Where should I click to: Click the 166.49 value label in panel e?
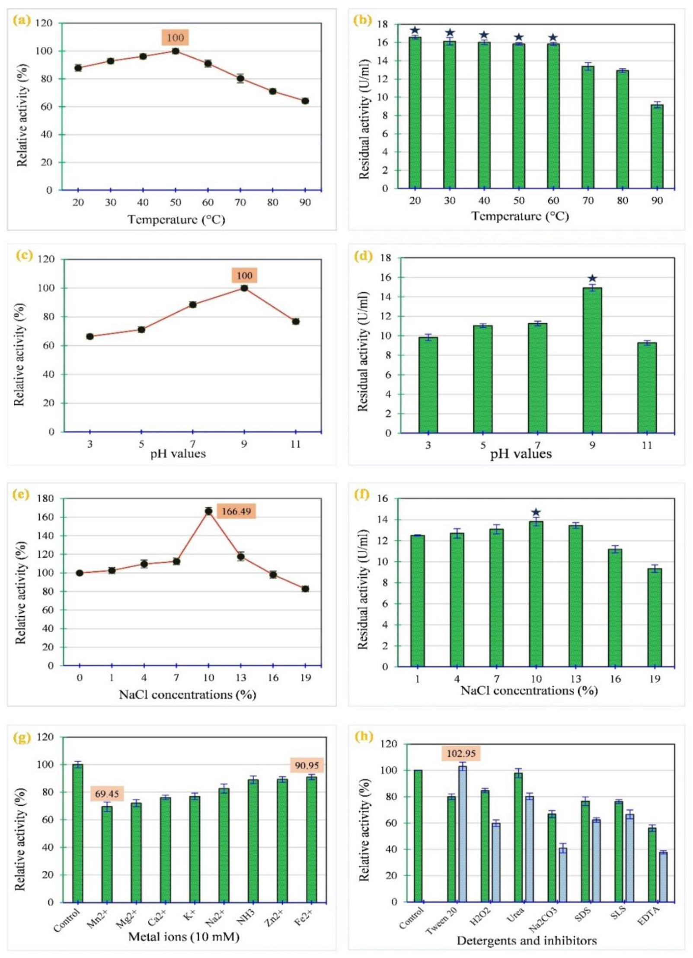click(x=236, y=511)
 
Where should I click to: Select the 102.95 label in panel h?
click(x=461, y=754)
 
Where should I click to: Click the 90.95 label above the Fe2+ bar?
click(x=307, y=765)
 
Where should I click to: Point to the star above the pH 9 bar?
click(x=592, y=278)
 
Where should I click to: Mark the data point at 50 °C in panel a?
click(x=176, y=51)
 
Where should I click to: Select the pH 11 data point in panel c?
click(x=296, y=322)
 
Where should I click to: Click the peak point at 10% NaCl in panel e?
click(x=208, y=511)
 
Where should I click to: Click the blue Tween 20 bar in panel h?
click(x=462, y=834)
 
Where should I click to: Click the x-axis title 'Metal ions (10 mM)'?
click(x=183, y=936)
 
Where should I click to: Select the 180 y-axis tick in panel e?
click(x=45, y=498)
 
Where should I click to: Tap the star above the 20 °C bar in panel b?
click(x=415, y=30)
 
